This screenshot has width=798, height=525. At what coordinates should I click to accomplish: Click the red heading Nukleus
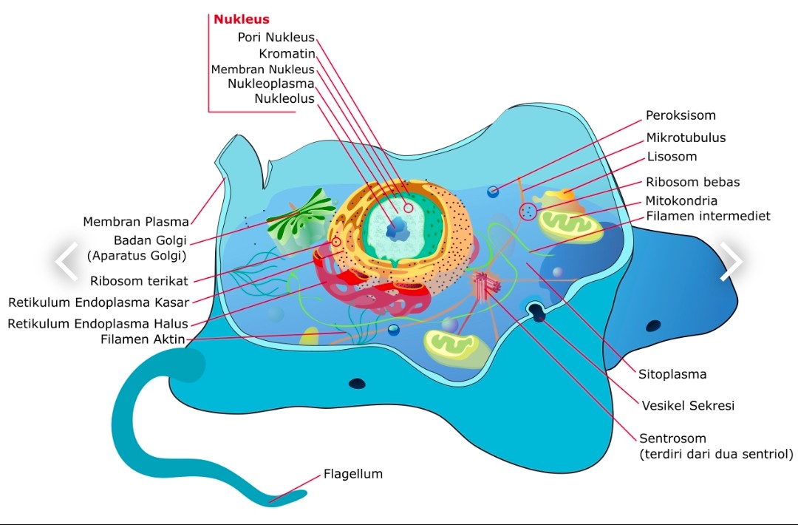pos(242,19)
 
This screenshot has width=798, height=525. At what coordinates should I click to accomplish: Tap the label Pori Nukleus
pos(276,37)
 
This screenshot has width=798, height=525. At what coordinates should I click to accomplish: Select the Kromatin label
pos(287,53)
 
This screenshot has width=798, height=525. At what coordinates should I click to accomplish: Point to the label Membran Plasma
pos(136,221)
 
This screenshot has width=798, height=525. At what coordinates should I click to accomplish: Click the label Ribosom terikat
pos(139,280)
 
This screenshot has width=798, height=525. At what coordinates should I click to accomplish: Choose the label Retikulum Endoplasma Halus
pos(98,323)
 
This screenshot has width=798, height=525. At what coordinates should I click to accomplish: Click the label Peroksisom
pos(681,115)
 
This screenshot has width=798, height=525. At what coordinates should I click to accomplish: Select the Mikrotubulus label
pos(686,138)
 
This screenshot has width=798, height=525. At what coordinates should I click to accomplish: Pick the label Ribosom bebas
pos(692,182)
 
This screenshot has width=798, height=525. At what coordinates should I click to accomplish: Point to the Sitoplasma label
pos(672,374)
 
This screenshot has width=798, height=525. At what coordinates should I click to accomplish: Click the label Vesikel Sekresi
pos(688,405)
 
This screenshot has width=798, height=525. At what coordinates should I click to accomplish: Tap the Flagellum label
pos(353,474)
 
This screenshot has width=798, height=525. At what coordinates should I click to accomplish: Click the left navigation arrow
pos(66,261)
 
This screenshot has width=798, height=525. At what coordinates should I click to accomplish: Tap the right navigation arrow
pos(731,261)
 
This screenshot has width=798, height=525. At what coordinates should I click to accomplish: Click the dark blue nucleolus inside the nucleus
pos(398,228)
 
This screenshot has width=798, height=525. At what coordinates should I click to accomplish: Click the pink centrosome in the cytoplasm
pos(485,285)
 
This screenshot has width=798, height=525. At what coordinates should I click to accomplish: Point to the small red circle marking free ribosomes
pos(528,213)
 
